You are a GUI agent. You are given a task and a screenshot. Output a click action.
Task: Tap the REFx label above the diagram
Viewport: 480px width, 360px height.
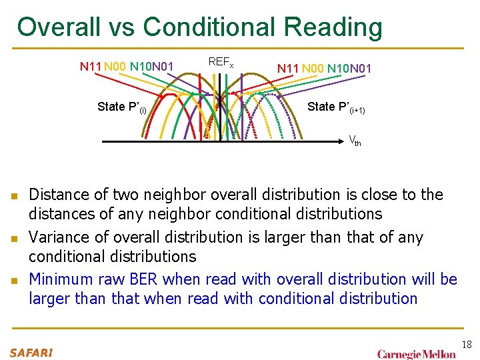point(221,62)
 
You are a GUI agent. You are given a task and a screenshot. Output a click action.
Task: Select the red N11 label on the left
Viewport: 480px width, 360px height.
point(90,67)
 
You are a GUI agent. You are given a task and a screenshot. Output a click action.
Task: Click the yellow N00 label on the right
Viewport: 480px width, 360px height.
point(313,68)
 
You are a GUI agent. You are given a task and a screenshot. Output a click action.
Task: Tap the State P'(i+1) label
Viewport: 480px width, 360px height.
point(336,107)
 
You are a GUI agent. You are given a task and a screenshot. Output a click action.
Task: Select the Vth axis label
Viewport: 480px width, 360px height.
point(355,141)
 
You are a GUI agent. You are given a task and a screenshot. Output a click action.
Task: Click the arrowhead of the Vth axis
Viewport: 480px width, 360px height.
point(345,141)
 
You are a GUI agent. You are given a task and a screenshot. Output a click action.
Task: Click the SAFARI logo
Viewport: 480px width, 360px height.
point(31,352)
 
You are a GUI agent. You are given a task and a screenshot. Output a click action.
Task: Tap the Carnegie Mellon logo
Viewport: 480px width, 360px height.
point(417,353)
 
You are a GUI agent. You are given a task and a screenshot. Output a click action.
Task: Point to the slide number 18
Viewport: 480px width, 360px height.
point(466,345)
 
